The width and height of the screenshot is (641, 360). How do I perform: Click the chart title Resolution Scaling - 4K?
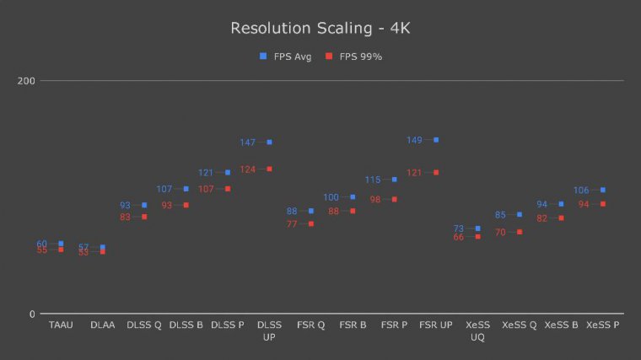[x=320, y=29]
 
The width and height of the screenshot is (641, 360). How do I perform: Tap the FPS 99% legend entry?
[x=354, y=56]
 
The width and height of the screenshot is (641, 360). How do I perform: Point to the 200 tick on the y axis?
[x=26, y=81]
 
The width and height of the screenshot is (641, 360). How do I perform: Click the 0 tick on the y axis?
[x=32, y=314]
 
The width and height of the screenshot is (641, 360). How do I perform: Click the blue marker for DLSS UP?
[x=269, y=142]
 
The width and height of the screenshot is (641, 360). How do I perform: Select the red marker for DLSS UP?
[x=269, y=169]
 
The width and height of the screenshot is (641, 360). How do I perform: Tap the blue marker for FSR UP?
[x=436, y=140]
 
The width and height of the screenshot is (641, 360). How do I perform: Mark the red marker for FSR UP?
[x=436, y=172]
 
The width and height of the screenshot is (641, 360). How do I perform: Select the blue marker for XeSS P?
[x=603, y=190]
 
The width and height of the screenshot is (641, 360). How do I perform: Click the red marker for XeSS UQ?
[x=477, y=237]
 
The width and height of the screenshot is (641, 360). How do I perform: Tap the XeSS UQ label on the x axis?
[x=477, y=330]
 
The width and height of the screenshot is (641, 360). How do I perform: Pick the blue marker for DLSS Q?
[x=144, y=205]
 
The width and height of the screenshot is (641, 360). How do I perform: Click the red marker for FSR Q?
[x=311, y=223]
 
